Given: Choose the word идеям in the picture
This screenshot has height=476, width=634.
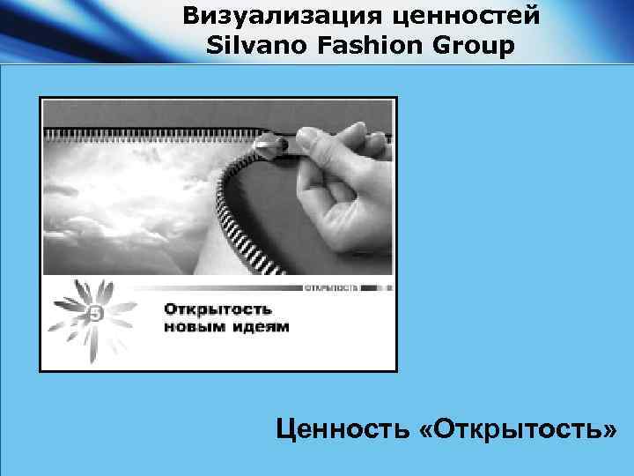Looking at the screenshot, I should click(256, 328).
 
